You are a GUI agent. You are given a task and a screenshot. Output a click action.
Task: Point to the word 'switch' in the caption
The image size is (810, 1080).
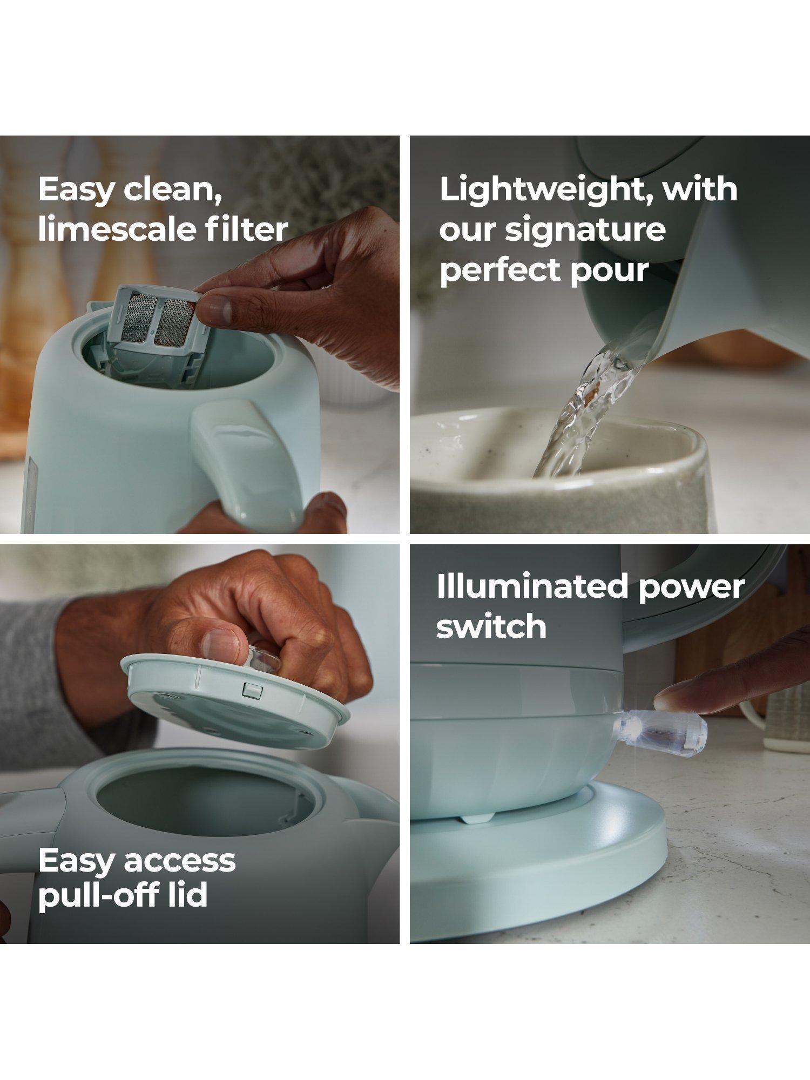tap(491, 626)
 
